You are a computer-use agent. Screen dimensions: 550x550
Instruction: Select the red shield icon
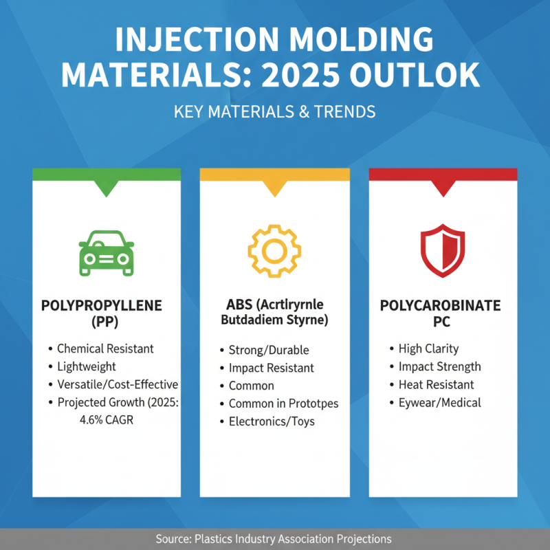442,252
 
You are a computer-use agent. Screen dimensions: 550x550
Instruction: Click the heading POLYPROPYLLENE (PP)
107,313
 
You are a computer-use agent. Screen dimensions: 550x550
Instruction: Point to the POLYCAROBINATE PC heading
442,313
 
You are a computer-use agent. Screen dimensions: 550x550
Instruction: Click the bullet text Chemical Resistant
105,349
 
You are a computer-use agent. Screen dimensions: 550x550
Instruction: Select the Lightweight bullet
87,366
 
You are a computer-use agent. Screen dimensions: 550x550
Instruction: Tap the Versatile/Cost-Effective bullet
117,384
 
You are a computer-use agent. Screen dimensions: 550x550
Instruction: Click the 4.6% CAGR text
107,419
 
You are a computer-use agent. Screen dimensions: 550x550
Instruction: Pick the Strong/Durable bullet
269,350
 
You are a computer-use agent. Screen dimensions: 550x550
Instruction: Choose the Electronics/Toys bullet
272,421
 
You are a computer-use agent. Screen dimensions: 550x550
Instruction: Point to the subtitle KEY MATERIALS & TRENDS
274,112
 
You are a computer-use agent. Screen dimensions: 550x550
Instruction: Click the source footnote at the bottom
274,539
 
